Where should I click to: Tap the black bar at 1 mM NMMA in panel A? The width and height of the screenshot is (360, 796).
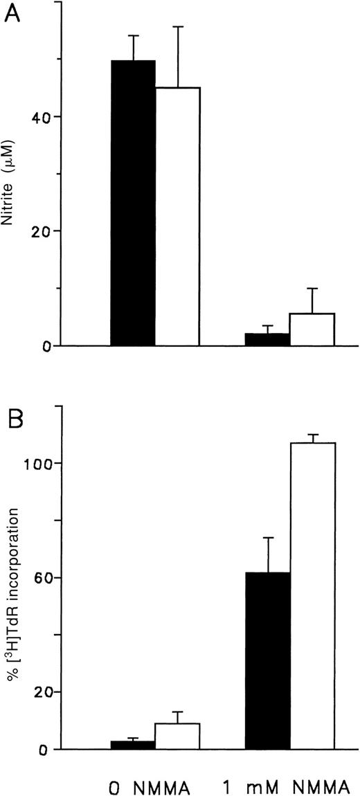(267, 339)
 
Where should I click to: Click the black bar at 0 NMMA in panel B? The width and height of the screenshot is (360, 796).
(134, 745)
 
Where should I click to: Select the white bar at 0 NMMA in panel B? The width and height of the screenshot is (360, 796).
(178, 736)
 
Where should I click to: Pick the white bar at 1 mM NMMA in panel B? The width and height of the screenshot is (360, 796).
(312, 596)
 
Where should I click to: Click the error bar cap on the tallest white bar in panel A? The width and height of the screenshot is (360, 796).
(178, 27)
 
